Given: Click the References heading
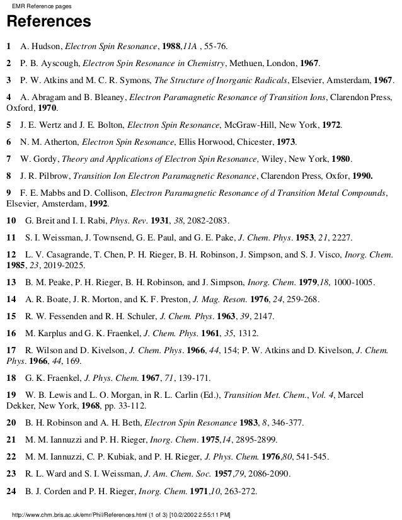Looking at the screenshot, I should tap(49, 23).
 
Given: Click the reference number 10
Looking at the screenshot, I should tap(11, 222).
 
